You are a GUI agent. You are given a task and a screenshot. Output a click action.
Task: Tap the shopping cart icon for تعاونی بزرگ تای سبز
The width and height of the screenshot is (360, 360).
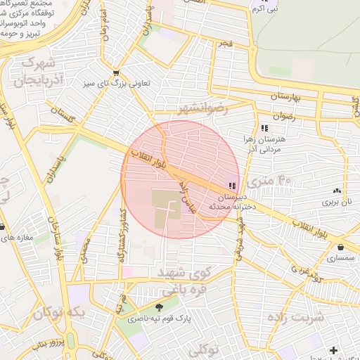click(116, 72)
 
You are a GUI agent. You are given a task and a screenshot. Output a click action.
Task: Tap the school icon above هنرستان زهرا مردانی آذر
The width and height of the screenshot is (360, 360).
click(264, 128)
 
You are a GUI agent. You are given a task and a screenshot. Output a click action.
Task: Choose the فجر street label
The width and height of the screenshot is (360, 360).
click(225, 44)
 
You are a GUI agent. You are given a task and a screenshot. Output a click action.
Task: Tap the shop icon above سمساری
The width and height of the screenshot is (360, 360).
click(341, 247)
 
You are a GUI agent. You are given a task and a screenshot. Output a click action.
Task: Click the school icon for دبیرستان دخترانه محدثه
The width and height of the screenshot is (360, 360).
click(231, 186)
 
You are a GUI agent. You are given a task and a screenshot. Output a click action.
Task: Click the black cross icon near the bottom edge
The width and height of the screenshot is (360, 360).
click(333, 350)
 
